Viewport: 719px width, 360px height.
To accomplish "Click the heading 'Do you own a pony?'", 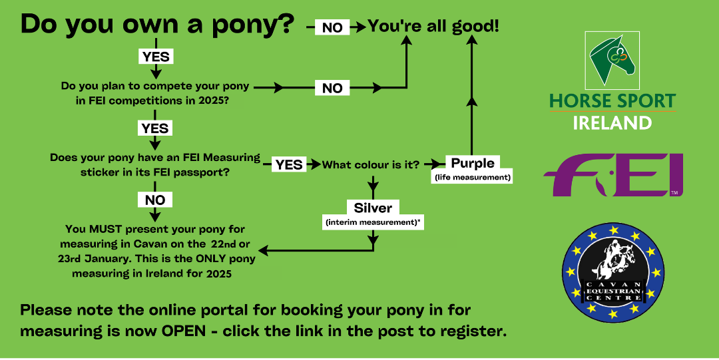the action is pos(157,25).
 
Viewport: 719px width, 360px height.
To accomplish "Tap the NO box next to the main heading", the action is pos(332,27).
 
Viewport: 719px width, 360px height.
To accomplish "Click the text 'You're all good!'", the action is pos(433,26).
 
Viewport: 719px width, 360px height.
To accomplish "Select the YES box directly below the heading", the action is pos(156,57).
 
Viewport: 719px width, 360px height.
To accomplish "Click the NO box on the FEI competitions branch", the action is pos(332,88).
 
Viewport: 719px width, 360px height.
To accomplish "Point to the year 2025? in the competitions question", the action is pos(214,100).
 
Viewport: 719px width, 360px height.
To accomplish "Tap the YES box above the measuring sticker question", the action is pos(155,128).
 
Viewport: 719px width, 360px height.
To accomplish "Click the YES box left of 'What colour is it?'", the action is pos(289,164).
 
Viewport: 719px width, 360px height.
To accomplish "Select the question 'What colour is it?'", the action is pos(371,164).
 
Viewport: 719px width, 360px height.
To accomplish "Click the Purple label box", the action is pos(473,163).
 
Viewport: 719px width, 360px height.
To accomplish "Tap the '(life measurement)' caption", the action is pos(471,177).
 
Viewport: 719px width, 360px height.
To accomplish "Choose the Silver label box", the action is pos(373,208).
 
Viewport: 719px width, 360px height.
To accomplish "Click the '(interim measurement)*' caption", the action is pos(373,222).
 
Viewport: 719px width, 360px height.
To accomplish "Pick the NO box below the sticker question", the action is pos(155,200).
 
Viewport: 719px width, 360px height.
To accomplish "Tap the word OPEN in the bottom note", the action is pos(184,331).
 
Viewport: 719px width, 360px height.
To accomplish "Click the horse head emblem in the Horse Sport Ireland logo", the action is pos(612,60).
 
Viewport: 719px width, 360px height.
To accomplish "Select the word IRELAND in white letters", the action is pos(612,123).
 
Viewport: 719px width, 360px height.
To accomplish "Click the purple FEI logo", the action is pos(613,175).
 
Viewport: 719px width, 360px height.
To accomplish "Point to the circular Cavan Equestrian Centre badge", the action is pos(613,272).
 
